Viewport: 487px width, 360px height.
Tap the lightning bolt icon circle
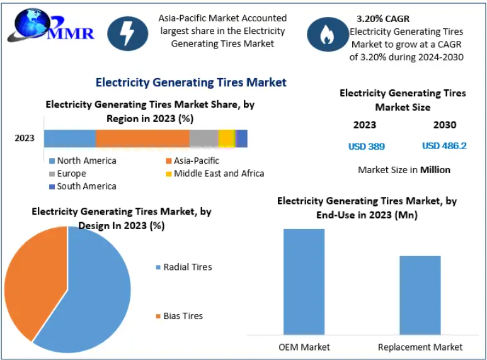coord(128,33)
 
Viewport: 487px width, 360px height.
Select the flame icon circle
coord(328,34)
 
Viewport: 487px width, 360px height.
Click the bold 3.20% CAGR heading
coord(383,19)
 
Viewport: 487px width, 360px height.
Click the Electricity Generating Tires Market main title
coord(191,82)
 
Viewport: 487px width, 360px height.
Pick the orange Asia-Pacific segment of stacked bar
coord(142,138)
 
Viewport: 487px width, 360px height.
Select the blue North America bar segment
coord(69,138)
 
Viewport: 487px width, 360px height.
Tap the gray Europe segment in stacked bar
coord(203,138)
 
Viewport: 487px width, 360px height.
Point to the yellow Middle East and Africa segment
coord(226,138)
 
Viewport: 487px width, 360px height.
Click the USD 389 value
coord(367,147)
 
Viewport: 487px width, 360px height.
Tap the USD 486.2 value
coord(444,146)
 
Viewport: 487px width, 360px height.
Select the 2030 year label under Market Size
coord(445,125)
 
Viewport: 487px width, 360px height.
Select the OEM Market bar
coord(304,281)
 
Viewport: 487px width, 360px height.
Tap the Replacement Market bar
coord(420,295)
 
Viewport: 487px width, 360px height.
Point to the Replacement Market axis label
coord(420,347)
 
